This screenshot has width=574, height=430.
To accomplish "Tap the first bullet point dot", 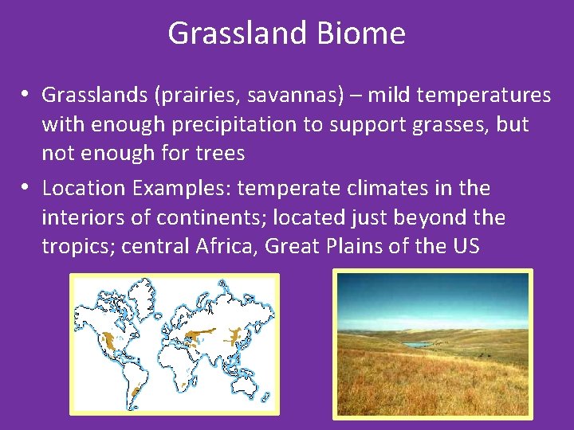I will [26, 94].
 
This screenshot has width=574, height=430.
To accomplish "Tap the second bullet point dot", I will [26, 187].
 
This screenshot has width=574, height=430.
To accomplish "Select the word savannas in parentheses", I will [280, 96].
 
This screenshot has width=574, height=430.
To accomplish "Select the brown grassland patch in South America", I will [136, 392].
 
